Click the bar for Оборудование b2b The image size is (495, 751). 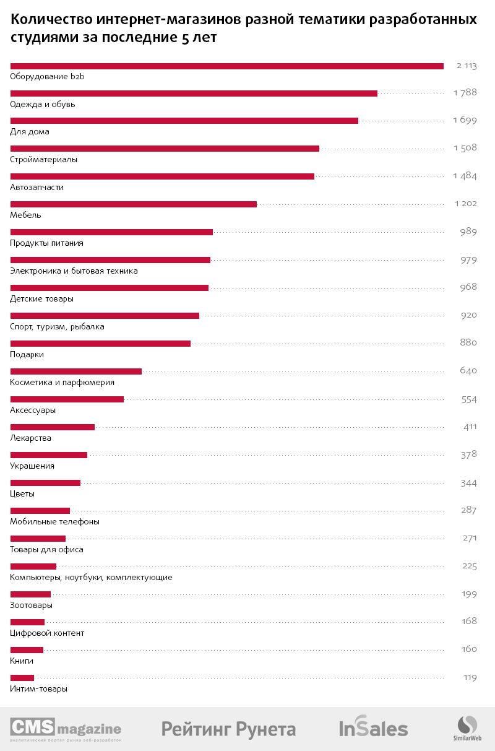point(227,66)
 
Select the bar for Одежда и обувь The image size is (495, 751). point(194,93)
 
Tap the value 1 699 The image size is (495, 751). point(464,120)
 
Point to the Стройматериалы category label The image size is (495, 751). point(44,160)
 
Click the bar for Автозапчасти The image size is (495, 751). point(162,176)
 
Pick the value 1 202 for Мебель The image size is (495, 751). point(465,204)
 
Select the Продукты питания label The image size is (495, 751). point(47,243)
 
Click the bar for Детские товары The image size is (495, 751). point(110,288)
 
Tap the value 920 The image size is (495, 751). point(468,315)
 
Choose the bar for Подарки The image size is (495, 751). point(100,344)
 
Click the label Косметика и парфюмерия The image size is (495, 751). point(62,383)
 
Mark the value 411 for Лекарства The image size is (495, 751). point(470,427)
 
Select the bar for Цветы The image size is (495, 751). point(45,483)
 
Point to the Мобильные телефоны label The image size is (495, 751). point(55,522)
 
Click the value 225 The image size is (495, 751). point(469,566)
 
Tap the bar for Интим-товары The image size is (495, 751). point(22,678)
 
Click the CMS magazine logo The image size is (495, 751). point(66,729)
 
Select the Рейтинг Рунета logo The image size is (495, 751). point(228,729)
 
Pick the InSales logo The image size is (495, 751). point(373,729)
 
